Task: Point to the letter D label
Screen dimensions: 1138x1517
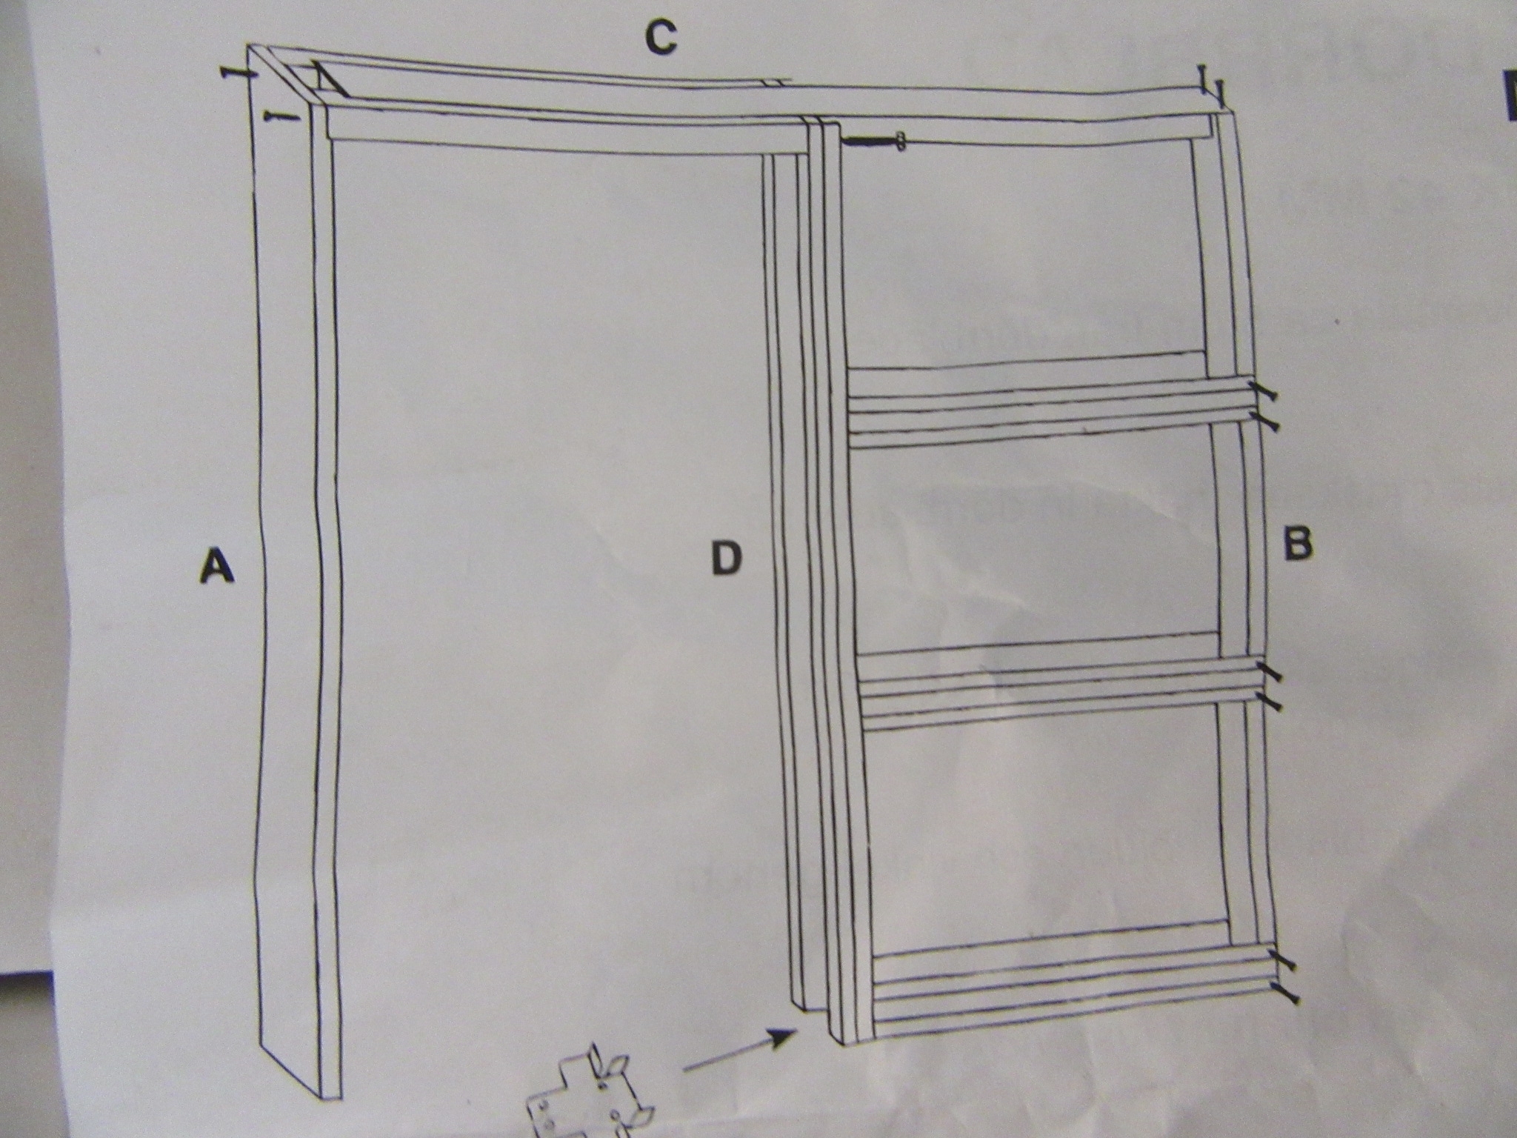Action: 725,559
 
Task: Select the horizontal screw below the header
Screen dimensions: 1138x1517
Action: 874,141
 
